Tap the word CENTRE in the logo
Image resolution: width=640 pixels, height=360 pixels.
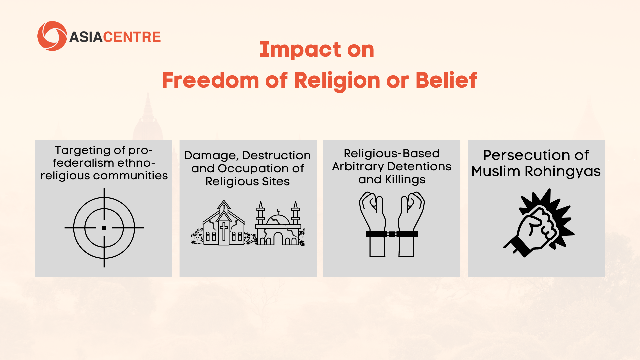[132, 37]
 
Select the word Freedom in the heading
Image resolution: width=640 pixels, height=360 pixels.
[210, 80]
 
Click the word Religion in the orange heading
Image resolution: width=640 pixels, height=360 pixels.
[337, 81]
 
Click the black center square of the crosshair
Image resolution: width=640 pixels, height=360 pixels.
[104, 228]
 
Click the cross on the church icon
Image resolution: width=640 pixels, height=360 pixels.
[224, 231]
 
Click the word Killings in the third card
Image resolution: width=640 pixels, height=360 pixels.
[405, 180]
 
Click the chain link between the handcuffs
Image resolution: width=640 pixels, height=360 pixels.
[392, 234]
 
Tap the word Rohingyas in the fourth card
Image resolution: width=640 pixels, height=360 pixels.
[563, 172]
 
